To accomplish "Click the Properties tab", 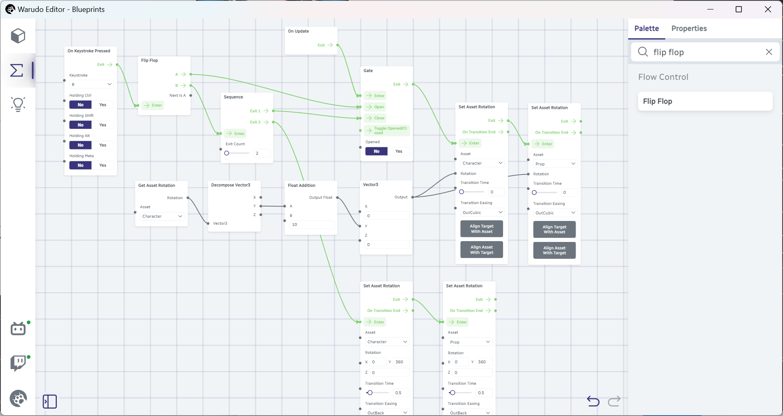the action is point(689,28).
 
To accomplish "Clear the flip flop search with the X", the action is point(769,52).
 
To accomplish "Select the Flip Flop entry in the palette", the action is point(705,101).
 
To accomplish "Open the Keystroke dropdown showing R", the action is point(91,84).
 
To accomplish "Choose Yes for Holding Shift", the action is point(103,125).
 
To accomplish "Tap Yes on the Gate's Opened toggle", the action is point(398,151).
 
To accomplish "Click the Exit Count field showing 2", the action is point(262,153).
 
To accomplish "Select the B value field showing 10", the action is point(312,225).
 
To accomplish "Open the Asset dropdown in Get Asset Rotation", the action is point(162,216).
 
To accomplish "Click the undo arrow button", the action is point(593,401).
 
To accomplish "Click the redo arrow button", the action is point(614,401).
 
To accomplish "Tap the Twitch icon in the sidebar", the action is point(18,363).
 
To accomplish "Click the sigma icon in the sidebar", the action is point(16,70).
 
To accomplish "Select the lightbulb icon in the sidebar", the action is point(18,105).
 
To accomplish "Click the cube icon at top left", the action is point(18,36).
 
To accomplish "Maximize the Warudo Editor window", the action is point(739,9).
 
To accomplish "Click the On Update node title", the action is point(298,31).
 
